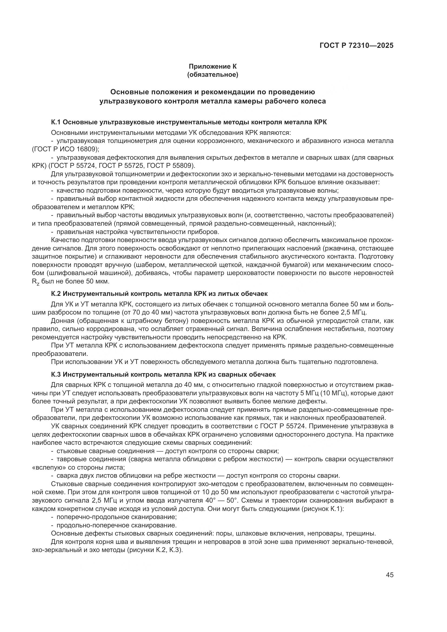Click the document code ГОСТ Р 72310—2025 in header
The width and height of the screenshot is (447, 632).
coord(356,45)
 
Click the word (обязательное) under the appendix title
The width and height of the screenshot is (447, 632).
coord(212,75)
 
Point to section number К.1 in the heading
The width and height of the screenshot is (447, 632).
coord(56,122)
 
